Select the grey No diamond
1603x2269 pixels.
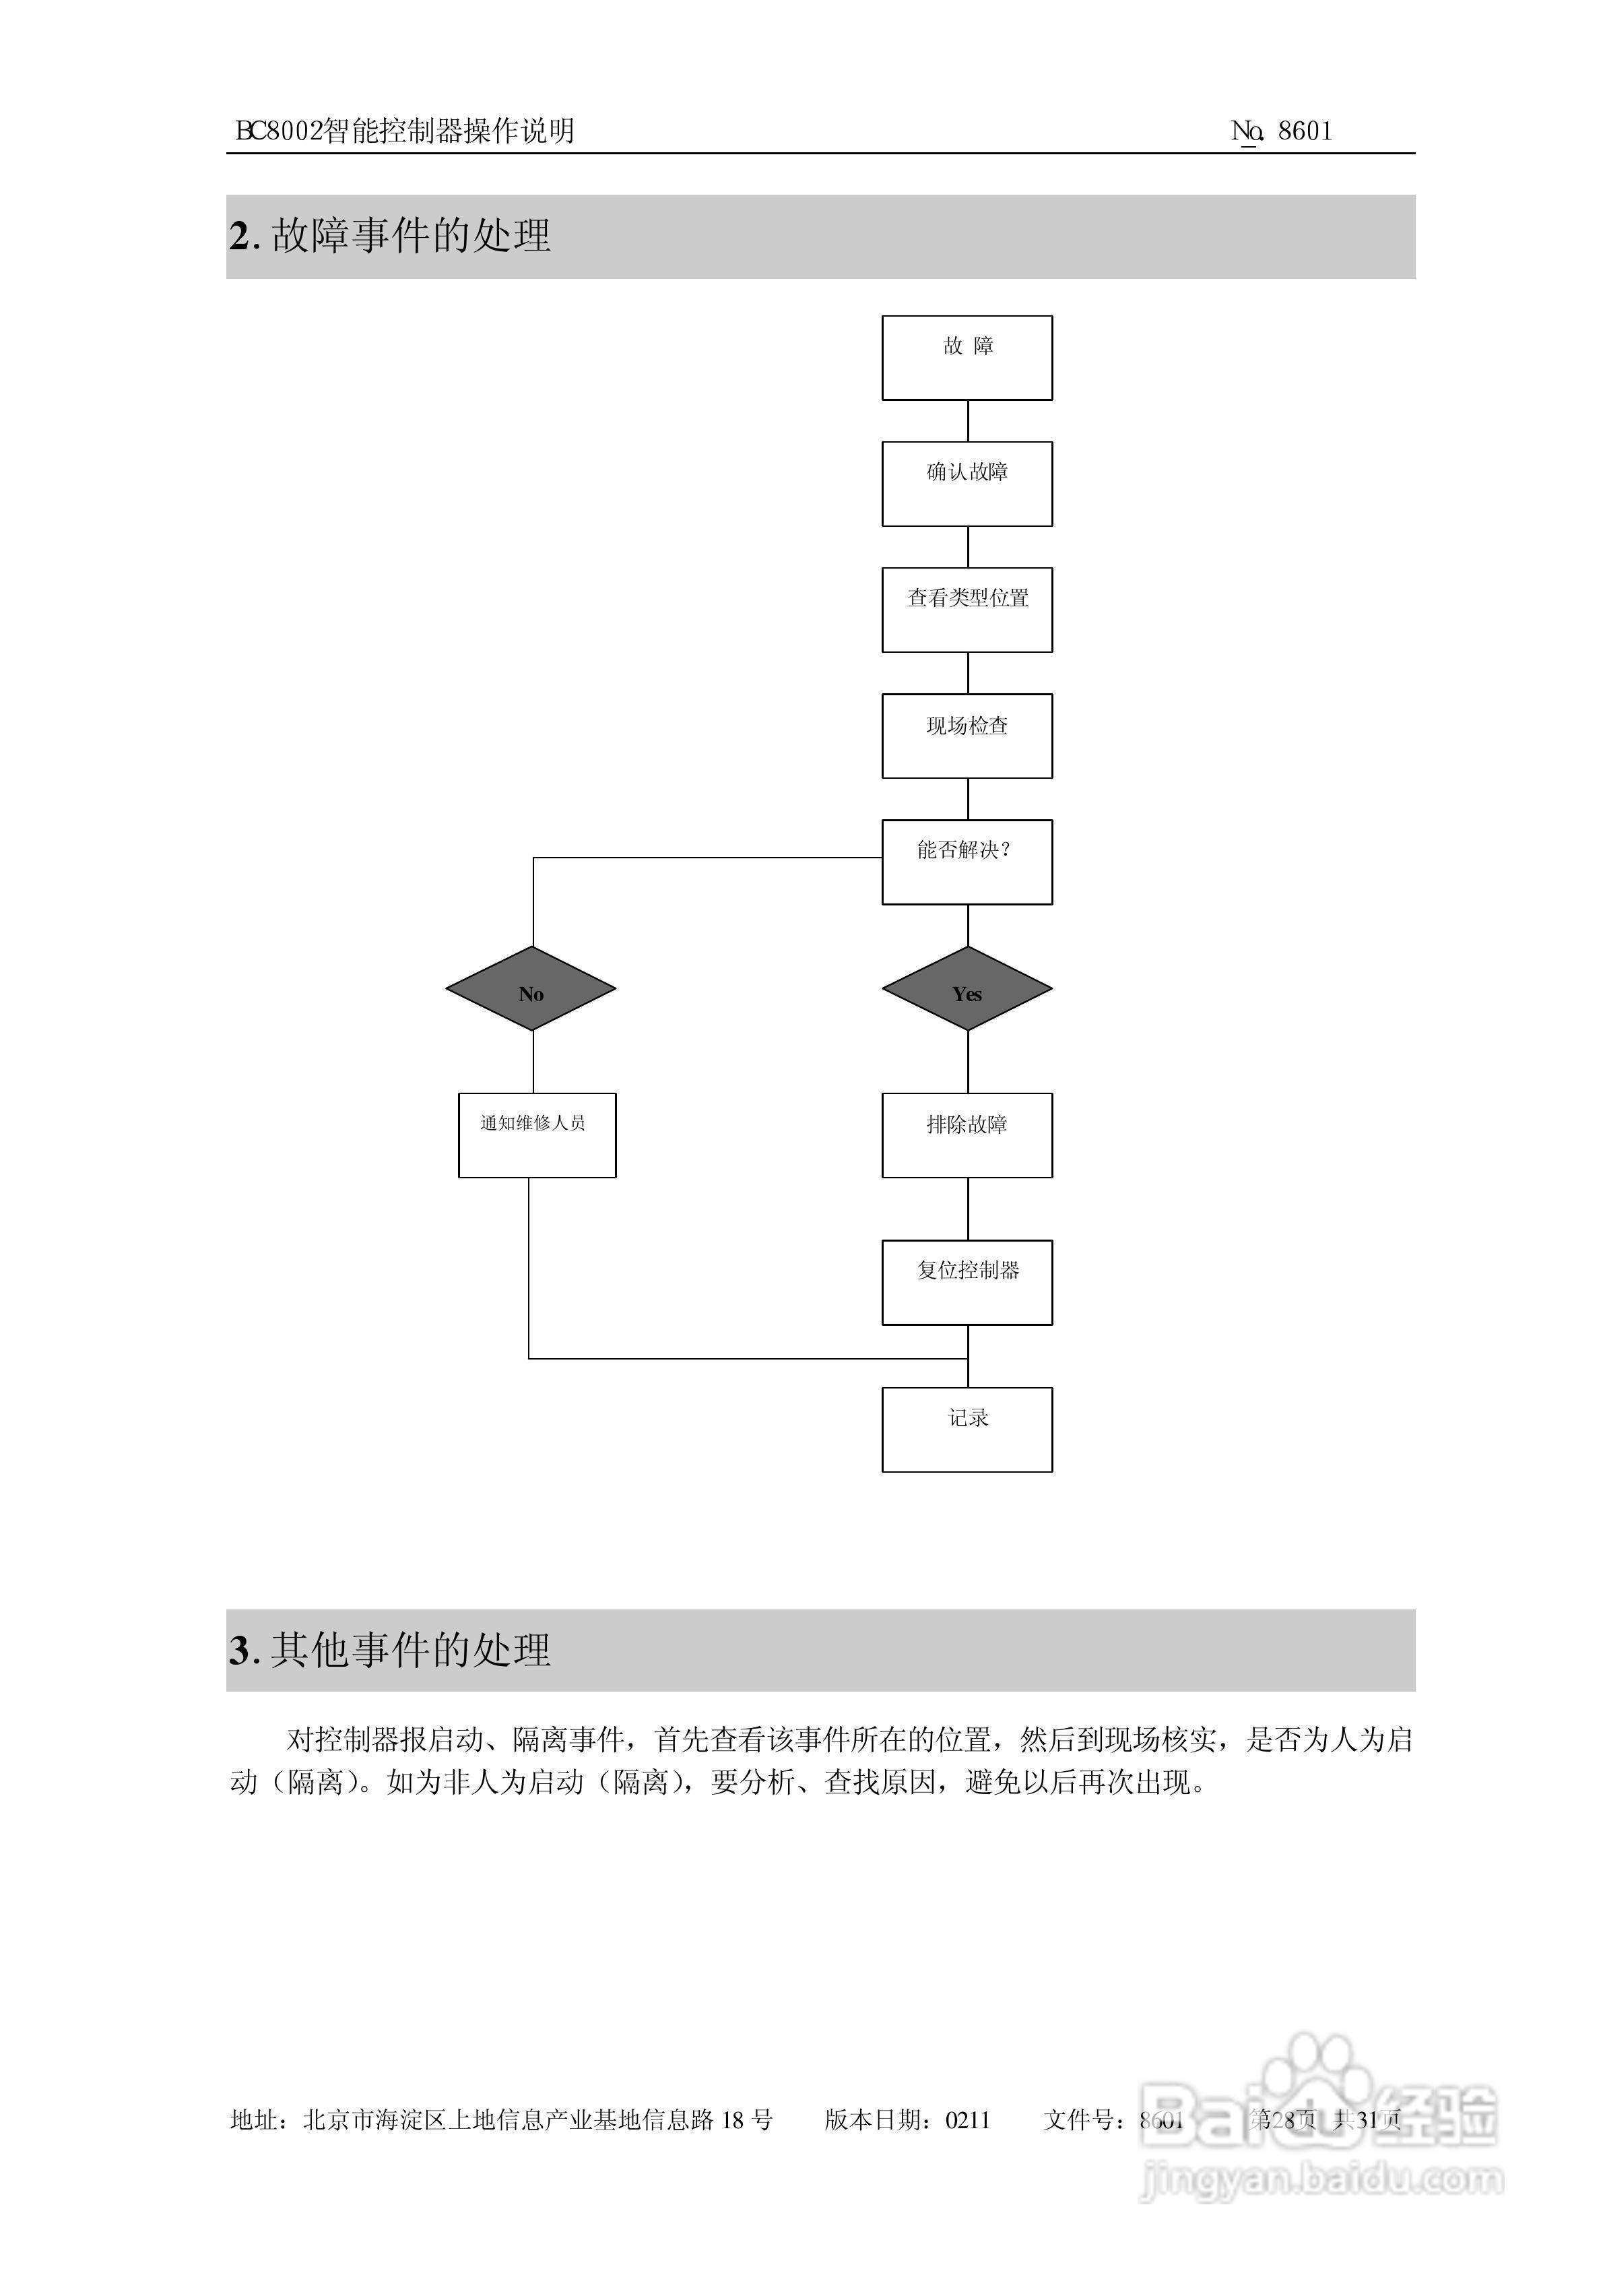click(531, 988)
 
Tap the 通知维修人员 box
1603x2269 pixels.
click(537, 1134)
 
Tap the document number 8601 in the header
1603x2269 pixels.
click(1305, 131)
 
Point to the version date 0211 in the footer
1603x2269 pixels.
click(968, 2119)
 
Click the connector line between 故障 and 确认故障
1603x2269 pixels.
click(968, 421)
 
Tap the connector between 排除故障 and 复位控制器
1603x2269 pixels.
click(968, 1209)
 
